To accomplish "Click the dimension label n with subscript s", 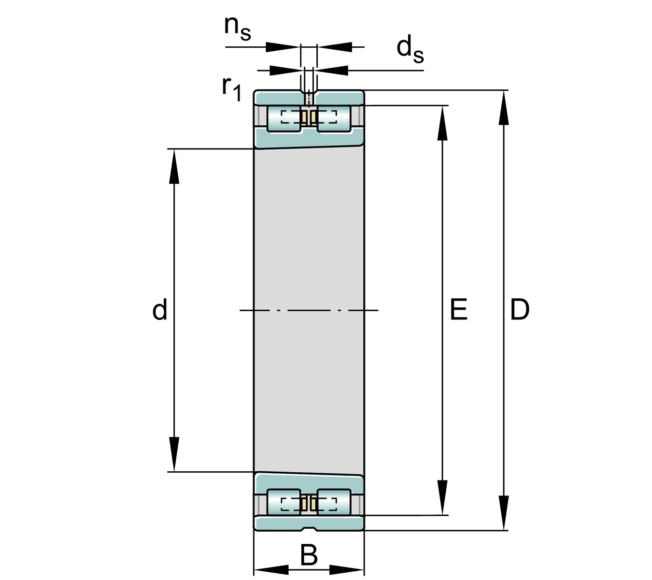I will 237,28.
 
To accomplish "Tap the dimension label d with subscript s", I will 410,50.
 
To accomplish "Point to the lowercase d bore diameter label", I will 159,310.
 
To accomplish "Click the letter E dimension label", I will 458,310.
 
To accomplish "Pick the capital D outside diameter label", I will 520,310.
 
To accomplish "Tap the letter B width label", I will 309,555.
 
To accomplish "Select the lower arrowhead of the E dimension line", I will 442,498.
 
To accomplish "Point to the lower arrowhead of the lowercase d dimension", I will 174,454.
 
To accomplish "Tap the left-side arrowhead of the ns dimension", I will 283,47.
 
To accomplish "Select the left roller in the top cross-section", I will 284,117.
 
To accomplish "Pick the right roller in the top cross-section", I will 334,117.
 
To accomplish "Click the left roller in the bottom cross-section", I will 284,503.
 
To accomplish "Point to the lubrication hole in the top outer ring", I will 309,98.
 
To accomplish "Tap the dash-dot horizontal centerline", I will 309,310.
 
